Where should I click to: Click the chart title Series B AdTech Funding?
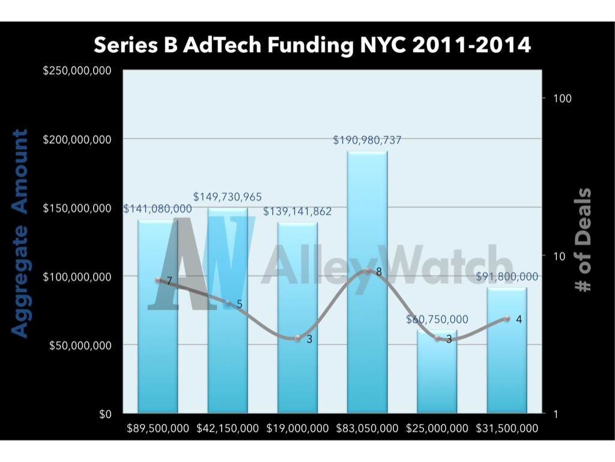[312, 45]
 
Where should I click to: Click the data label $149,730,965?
[228, 197]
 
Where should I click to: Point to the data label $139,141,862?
[297, 212]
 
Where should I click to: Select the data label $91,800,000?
[507, 277]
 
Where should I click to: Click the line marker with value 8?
[367, 271]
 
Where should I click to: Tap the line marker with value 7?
[158, 280]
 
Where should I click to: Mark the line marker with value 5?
[228, 303]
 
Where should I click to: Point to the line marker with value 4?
[507, 318]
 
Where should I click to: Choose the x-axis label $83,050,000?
[367, 429]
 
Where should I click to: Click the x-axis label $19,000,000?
[297, 429]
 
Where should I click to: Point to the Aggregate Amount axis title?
[21, 233]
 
